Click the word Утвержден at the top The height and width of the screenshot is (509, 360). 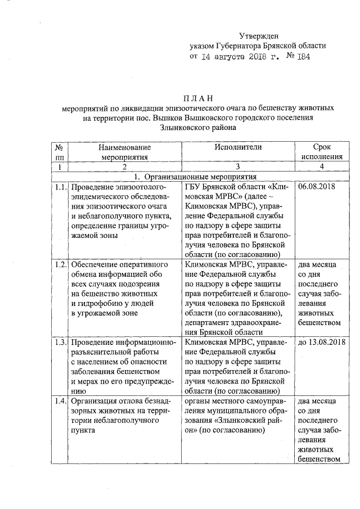point(259,35)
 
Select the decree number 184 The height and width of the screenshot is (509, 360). point(302,57)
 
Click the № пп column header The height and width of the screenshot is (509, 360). point(59,152)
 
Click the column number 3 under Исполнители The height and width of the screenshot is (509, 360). point(238,167)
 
